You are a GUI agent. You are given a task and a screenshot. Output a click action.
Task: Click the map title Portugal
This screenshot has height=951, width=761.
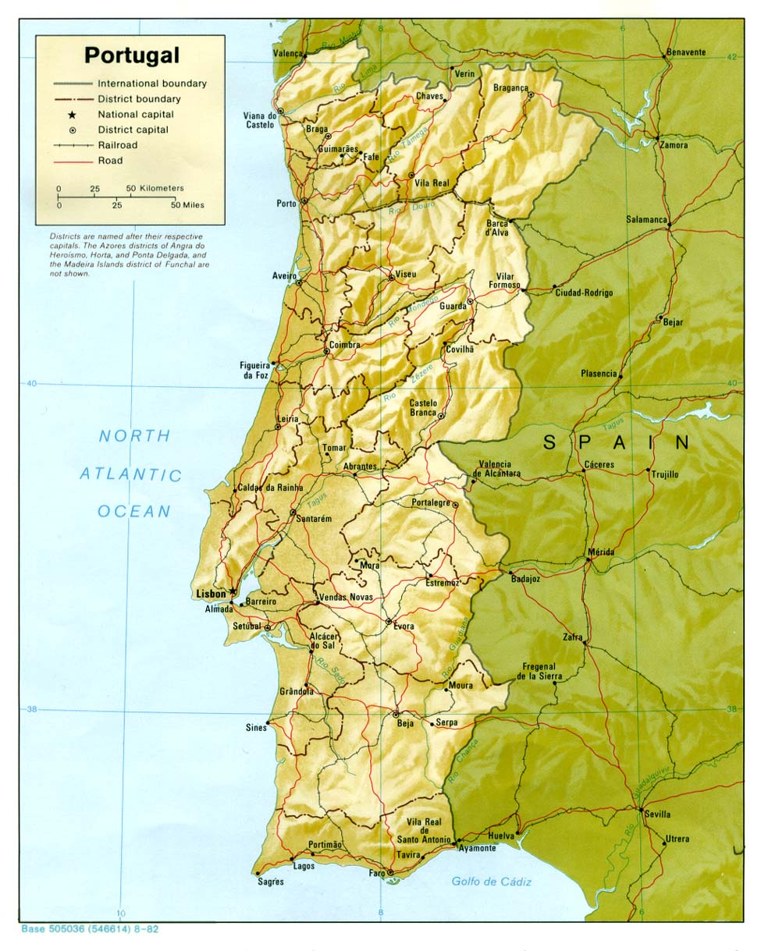[131, 55]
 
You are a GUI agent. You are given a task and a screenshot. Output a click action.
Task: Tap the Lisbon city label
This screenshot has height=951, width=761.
[210, 594]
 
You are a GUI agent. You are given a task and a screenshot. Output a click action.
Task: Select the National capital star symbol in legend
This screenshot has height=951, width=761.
[72, 115]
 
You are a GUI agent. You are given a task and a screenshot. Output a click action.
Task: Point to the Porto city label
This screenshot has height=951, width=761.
[286, 204]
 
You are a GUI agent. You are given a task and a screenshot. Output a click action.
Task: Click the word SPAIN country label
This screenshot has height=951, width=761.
[616, 443]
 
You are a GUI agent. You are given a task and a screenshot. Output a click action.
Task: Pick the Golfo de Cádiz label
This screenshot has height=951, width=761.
[491, 882]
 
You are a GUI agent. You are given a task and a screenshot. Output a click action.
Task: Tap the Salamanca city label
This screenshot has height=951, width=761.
[646, 220]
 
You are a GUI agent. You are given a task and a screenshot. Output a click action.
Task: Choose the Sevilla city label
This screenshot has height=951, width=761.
[657, 814]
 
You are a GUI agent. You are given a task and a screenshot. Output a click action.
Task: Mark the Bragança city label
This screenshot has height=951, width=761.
[510, 88]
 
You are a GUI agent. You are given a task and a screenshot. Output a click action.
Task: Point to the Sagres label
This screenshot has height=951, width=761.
[271, 882]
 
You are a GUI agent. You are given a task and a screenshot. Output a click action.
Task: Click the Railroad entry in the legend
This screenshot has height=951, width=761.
[117, 145]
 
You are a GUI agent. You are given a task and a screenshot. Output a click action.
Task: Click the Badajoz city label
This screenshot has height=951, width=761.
[525, 580]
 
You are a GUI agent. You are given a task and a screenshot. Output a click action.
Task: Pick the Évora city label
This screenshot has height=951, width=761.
[404, 626]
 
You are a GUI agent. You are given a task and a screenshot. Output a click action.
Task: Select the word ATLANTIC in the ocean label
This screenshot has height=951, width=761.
[130, 474]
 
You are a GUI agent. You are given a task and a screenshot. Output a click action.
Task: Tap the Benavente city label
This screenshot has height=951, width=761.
[685, 52]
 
